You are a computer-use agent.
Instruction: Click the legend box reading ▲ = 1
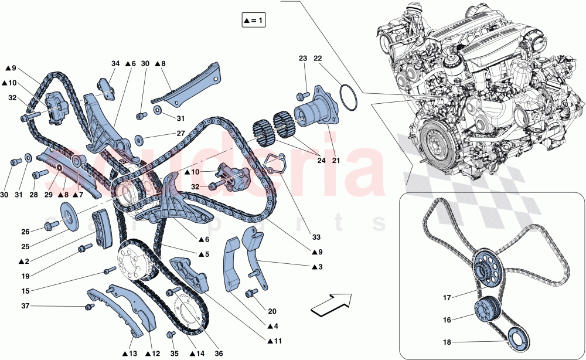(254, 21)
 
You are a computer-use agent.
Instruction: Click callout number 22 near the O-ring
(318, 58)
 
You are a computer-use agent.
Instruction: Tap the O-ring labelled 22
(349, 99)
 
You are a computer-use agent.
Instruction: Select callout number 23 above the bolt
(303, 58)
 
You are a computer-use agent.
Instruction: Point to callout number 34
(115, 63)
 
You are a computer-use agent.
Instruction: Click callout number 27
(181, 134)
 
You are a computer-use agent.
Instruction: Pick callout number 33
(316, 237)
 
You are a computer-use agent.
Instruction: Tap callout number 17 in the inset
(447, 298)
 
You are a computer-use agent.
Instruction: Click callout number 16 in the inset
(447, 320)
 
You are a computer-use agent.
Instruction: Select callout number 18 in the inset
(447, 342)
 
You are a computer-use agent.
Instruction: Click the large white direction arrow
(332, 305)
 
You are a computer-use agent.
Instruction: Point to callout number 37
(25, 306)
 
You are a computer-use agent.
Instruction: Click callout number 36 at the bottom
(219, 354)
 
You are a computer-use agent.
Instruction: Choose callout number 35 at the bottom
(175, 354)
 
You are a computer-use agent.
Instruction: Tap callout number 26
(25, 232)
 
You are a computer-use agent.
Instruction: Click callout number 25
(25, 247)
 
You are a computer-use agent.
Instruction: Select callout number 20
(272, 311)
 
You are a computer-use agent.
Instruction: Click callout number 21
(336, 161)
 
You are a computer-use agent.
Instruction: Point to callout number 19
(25, 276)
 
